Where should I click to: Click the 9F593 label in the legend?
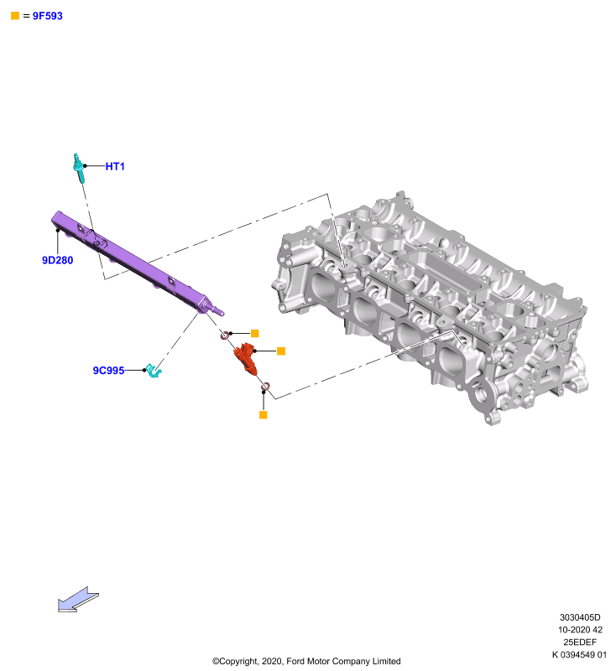(48, 16)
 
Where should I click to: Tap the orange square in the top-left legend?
(15, 16)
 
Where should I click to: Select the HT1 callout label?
(115, 166)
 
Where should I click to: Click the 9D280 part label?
(57, 260)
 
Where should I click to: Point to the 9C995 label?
(109, 370)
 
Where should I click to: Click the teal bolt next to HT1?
(78, 168)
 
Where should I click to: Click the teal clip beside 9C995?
(153, 370)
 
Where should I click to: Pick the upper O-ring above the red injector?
(225, 335)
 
